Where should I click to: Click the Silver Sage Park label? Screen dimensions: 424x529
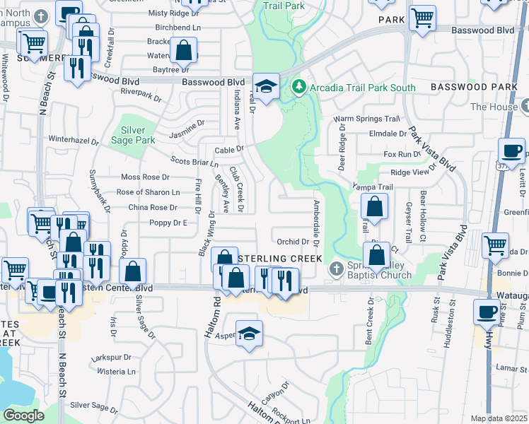point(138,135)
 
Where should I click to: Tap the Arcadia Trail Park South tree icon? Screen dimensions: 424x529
point(298,88)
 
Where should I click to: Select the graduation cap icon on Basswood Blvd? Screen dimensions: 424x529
point(266,87)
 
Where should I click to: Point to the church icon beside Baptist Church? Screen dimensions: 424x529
point(337,269)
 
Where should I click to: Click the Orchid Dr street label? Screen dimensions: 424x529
point(293,242)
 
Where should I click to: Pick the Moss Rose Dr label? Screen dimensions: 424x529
point(146,177)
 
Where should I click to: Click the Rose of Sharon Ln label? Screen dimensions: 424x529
point(148,192)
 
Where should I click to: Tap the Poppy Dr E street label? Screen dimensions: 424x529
point(168,223)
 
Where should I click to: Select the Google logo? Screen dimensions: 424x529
point(24,416)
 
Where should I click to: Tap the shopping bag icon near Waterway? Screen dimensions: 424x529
point(183,49)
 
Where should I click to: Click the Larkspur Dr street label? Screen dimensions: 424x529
point(112,358)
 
